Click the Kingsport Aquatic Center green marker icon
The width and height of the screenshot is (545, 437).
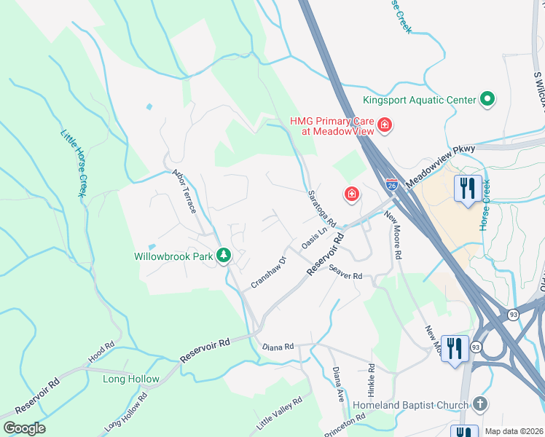[487, 99]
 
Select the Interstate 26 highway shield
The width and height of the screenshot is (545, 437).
[392, 185]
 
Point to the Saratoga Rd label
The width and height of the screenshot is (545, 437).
[321, 208]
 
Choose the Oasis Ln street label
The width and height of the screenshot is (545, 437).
[313, 238]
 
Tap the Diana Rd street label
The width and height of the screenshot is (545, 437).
[278, 347]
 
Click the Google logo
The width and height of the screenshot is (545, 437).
[24, 428]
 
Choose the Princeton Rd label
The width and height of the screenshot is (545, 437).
[347, 423]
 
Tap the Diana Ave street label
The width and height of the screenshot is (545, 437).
[338, 385]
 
